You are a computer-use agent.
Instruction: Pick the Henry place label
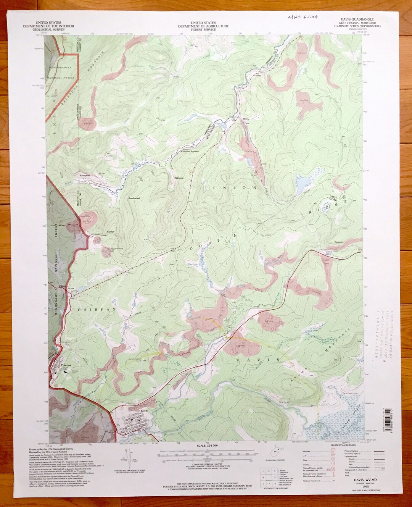246,119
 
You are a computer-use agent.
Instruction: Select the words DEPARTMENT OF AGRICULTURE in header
205,26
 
